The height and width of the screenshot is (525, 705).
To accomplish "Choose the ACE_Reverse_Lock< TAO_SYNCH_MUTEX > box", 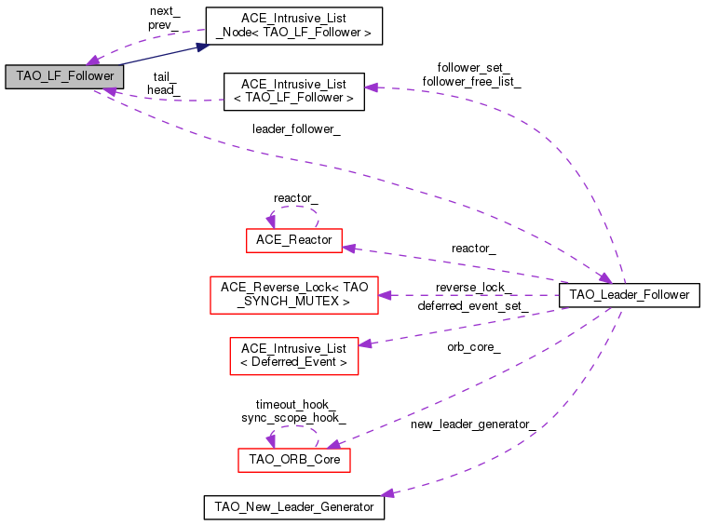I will point(294,294).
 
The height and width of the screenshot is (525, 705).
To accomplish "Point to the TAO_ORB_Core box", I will point(294,460).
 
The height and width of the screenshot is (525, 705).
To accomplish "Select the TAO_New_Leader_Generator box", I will point(293,507).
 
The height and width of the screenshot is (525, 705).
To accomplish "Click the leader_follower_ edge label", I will point(296,129).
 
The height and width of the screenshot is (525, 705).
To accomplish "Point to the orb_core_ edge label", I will point(473,347).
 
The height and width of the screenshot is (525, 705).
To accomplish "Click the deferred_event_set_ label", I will point(473,305).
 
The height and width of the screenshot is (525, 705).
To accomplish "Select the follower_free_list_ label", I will point(471,82).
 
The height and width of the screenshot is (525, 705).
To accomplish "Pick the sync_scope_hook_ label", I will point(294,418).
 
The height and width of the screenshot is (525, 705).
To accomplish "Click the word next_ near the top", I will point(164,11).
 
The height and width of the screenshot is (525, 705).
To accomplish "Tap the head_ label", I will point(163,90).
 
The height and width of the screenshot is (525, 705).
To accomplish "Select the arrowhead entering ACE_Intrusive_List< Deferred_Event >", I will point(365,343).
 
